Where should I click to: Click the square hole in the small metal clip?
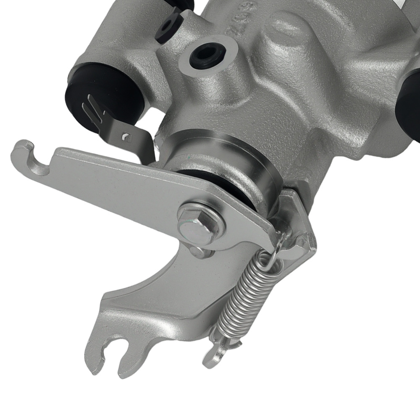(126, 136)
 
